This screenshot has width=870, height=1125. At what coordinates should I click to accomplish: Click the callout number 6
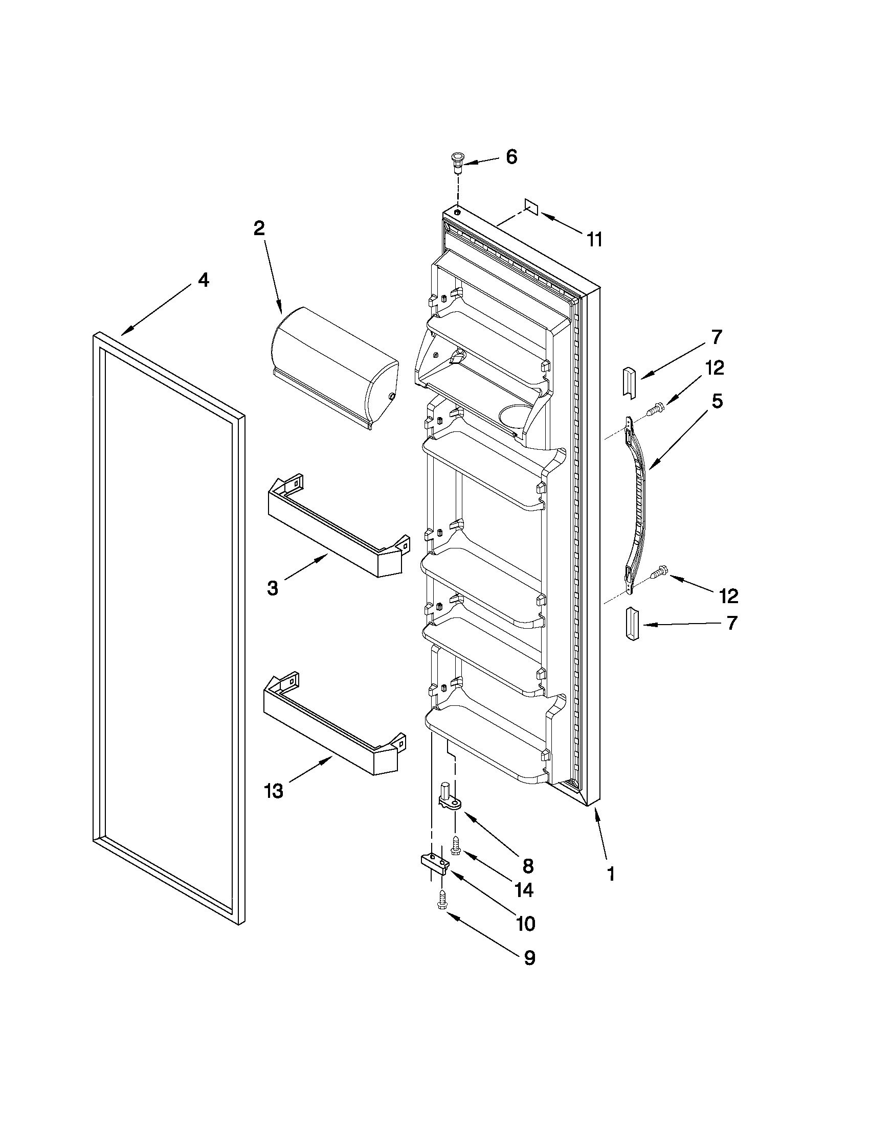coord(511,156)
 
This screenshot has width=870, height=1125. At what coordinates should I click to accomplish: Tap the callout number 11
coord(594,240)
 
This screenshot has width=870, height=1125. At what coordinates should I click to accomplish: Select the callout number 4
coord(204,280)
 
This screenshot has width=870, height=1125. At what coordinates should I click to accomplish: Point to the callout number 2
coord(259,228)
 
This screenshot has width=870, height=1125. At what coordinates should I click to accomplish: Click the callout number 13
coord(274,790)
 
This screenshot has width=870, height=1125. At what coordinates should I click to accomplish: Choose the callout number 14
coord(524,889)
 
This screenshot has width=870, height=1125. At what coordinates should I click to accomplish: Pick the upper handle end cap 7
coord(630,382)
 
